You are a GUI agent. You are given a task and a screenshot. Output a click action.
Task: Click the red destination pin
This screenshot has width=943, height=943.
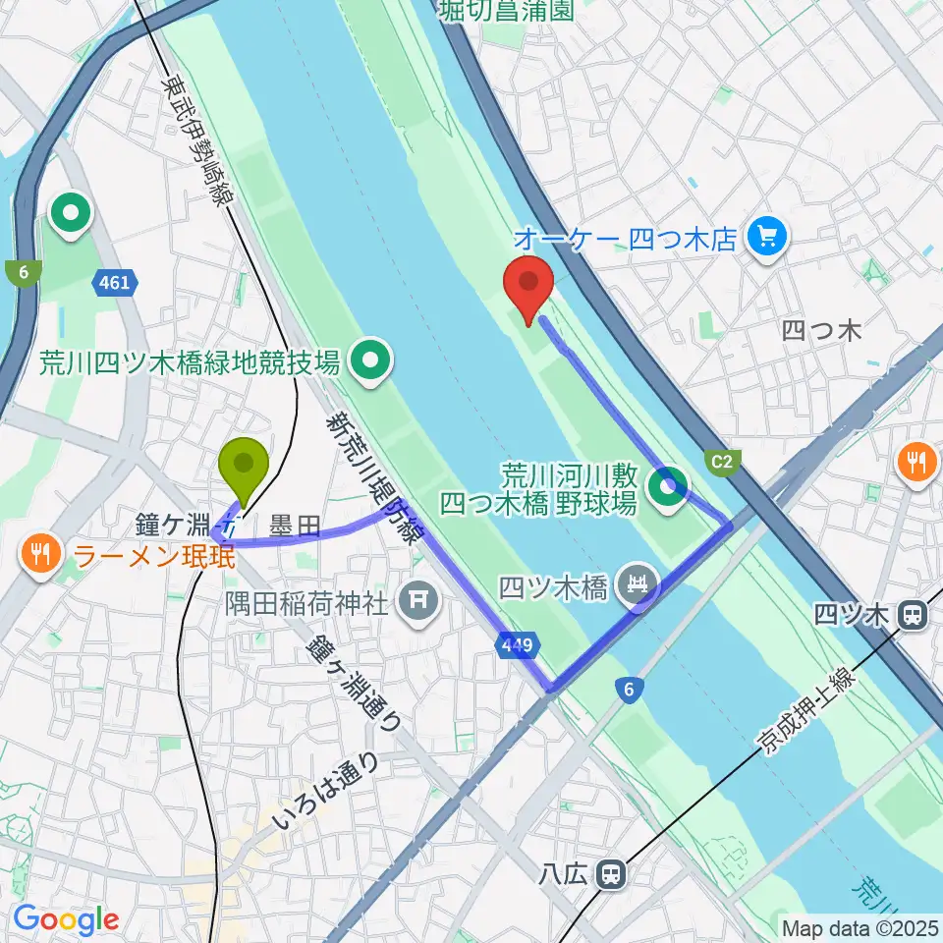click(528, 285)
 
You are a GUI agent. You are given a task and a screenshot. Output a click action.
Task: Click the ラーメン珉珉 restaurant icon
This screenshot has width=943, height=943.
click(40, 555)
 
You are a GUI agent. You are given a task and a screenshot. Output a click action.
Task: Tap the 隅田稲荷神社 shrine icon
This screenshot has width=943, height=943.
click(419, 600)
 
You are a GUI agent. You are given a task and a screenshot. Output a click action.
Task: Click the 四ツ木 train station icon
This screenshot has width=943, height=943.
click(914, 616)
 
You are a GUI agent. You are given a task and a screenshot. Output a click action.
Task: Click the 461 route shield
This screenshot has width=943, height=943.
click(113, 284)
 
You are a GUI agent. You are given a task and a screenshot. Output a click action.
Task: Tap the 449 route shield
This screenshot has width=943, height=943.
click(519, 645)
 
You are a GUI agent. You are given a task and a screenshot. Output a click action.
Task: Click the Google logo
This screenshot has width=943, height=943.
click(66, 920)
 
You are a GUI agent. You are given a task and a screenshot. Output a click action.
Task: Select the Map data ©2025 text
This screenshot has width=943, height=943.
click(859, 927)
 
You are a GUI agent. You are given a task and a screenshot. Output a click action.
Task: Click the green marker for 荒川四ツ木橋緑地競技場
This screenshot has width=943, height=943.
click(371, 362)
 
